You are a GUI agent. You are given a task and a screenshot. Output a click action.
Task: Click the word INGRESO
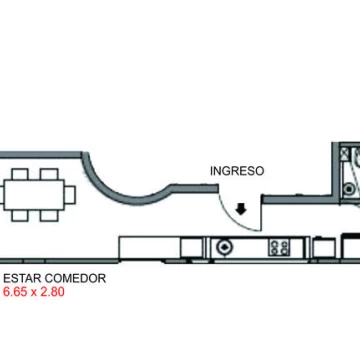tap(237, 171)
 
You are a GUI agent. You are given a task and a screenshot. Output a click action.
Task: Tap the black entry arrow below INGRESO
tap(241, 209)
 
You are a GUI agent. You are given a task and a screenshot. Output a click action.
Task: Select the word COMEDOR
tap(75, 278)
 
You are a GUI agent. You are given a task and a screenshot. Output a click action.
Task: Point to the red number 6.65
tap(15, 292)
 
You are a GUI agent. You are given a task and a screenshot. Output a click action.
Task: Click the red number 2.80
tap(52, 292)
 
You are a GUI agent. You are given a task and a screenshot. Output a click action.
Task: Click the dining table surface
tap(34, 195)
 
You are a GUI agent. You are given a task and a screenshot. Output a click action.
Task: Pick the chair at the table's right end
tap(70, 195)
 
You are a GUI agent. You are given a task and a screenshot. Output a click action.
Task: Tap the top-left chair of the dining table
tap(20, 174)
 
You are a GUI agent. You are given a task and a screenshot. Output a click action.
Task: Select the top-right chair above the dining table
tap(49, 174)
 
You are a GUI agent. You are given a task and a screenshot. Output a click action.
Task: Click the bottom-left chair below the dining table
tap(20, 216)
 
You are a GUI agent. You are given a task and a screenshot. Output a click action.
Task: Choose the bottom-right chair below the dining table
tap(49, 216)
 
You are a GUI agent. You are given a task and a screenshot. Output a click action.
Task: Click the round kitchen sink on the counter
tap(224, 247)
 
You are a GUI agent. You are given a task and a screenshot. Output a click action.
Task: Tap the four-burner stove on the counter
tap(279, 248)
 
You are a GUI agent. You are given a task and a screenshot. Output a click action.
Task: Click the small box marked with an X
tap(345, 153)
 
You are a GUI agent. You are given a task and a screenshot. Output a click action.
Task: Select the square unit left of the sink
tap(192, 247)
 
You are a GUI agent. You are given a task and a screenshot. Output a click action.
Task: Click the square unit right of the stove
tap(324, 248)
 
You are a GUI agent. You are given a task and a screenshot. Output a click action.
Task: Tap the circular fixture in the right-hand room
tap(349, 189)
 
